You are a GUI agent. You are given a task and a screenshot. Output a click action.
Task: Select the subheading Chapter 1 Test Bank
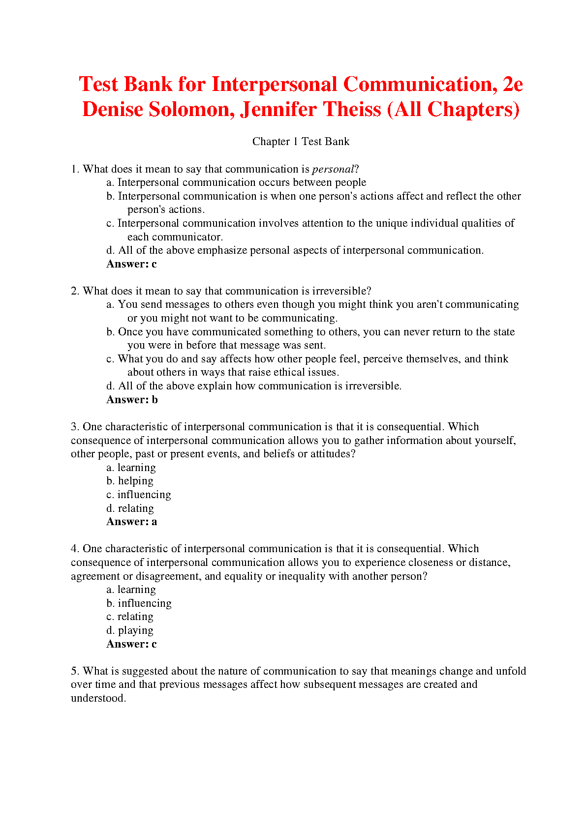pyautogui.click(x=301, y=142)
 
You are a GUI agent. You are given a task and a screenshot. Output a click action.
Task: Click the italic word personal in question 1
pyautogui.click(x=333, y=169)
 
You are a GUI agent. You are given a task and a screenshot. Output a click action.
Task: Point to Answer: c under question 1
pyautogui.click(x=131, y=264)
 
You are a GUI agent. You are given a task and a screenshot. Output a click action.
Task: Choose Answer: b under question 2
pyautogui.click(x=132, y=400)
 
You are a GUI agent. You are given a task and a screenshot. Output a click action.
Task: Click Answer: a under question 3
pyautogui.click(x=131, y=522)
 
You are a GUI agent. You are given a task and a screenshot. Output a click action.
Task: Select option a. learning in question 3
pyautogui.click(x=131, y=468)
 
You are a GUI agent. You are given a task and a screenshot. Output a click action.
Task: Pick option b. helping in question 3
pyautogui.click(x=130, y=481)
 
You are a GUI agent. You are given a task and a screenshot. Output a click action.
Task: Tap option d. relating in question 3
pyautogui.click(x=130, y=508)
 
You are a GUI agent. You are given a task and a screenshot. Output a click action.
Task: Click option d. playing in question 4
pyautogui.click(x=130, y=630)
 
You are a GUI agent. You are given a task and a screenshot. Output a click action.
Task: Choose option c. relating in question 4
pyautogui.click(x=130, y=617)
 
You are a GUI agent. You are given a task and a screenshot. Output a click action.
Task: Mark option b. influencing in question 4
pyautogui.click(x=139, y=603)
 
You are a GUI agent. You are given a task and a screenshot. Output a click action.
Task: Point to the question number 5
pyautogui.click(x=74, y=671)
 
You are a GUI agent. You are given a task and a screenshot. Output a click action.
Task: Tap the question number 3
pyautogui.click(x=74, y=427)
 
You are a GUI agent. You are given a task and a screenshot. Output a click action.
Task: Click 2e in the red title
pyautogui.click(x=513, y=85)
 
